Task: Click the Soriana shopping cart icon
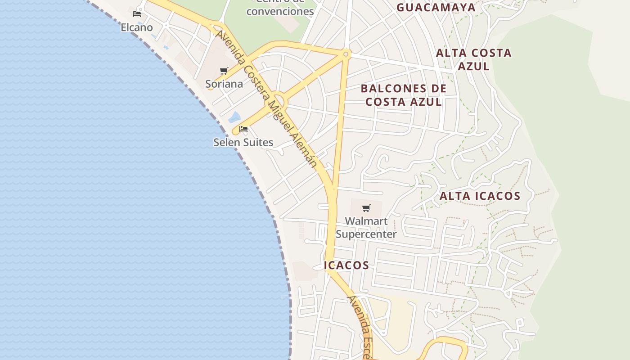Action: click(x=224, y=71)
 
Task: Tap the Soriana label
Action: click(x=224, y=84)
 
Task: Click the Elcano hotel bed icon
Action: click(x=137, y=14)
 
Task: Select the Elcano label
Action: click(x=137, y=27)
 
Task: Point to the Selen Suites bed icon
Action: click(x=243, y=129)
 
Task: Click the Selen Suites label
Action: click(x=243, y=142)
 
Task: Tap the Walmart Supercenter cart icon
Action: click(x=366, y=208)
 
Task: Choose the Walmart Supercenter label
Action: click(x=366, y=228)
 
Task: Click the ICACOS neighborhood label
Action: click(x=346, y=265)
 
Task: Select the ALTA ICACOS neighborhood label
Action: click(x=480, y=196)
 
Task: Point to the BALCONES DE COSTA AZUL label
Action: click(x=404, y=95)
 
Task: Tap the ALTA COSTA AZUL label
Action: click(x=474, y=59)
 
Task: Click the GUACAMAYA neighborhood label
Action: click(x=436, y=7)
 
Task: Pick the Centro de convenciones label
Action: click(x=280, y=9)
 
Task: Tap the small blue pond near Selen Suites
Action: click(x=234, y=117)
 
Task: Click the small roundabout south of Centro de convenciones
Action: click(x=346, y=54)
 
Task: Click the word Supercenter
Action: click(x=366, y=234)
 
